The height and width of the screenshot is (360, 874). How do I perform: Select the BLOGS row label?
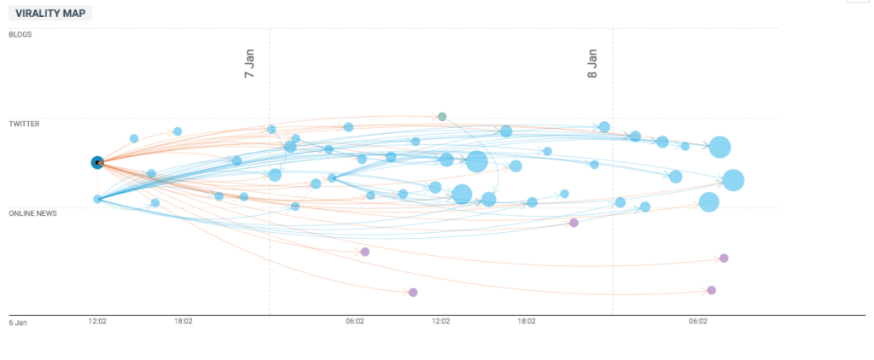click(20, 34)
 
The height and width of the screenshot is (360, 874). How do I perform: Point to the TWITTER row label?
click(24, 124)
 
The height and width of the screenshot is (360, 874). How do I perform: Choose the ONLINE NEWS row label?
click(32, 213)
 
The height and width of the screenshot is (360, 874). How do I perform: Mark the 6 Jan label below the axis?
click(18, 322)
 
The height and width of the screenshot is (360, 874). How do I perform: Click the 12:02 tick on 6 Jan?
click(97, 322)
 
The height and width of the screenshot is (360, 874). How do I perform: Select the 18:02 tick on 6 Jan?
click(183, 322)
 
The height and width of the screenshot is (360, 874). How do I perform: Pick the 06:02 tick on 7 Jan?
click(355, 322)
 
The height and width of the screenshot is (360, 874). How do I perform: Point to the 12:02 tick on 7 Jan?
click(440, 322)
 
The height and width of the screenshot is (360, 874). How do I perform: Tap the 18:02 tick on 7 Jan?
click(527, 322)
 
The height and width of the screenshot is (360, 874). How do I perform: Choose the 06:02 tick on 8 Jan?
click(697, 322)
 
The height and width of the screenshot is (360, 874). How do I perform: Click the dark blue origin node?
click(97, 162)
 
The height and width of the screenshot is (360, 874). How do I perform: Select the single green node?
click(441, 116)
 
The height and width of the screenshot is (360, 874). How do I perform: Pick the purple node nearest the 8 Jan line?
click(574, 223)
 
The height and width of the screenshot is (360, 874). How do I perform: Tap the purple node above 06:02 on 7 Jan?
click(364, 252)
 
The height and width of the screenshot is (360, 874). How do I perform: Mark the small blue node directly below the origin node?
click(97, 199)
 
